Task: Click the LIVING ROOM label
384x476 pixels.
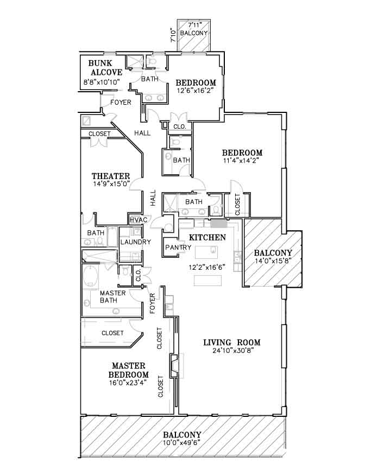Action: pos(232,342)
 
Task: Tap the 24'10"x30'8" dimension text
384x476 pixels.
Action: pos(234,351)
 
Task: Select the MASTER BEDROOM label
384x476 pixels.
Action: pos(129,370)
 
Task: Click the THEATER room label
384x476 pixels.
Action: pos(111,176)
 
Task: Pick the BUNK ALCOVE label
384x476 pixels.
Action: pos(102,68)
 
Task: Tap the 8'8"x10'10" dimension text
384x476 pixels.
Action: pos(102,81)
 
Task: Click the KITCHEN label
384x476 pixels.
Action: pos(207,237)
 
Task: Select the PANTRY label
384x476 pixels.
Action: pos(178,247)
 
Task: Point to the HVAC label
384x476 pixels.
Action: pos(138,220)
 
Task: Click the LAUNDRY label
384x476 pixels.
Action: pos(135,242)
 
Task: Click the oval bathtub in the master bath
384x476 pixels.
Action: pos(90,276)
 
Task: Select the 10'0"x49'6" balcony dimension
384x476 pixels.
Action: pos(181,442)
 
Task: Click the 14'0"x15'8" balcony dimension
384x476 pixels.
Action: pos(273,261)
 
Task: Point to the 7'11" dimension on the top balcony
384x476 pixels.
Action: pos(194,26)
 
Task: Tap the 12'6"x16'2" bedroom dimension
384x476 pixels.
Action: pos(196,90)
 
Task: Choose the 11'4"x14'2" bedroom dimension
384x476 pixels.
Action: pos(242,161)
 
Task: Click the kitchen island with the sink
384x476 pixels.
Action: pos(206,252)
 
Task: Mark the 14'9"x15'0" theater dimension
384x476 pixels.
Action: pos(111,183)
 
